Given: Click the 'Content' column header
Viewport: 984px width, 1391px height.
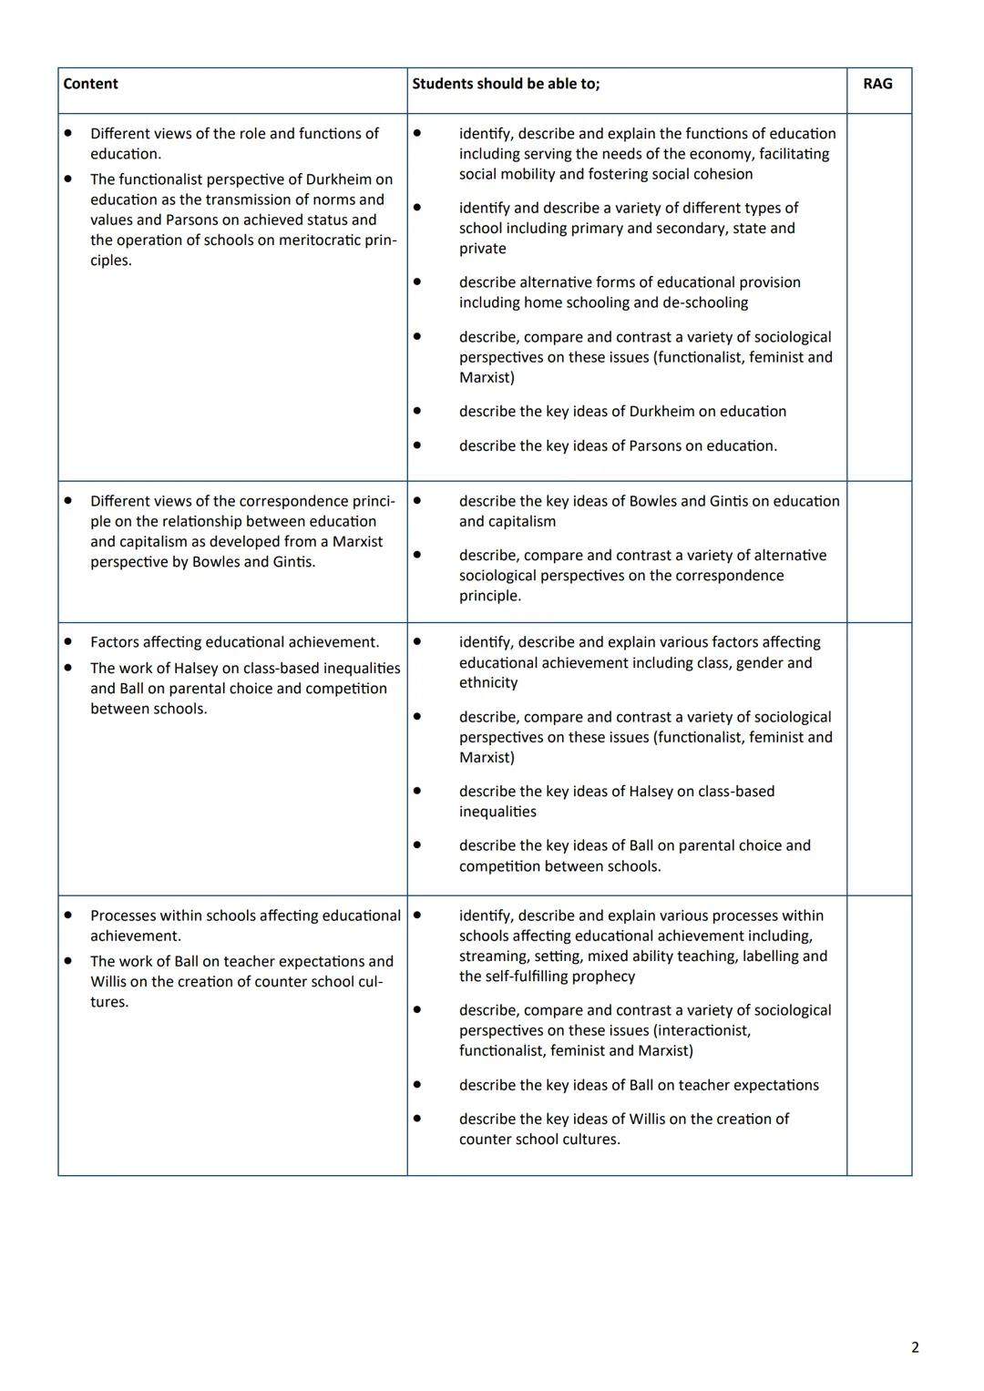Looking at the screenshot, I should click(90, 84).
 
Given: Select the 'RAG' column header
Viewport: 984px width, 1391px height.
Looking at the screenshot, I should click(877, 84).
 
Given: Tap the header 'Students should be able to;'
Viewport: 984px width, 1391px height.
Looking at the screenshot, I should click(506, 84).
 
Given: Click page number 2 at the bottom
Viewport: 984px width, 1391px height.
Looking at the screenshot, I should click(915, 1347).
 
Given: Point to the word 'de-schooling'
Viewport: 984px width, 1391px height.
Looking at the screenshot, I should click(703, 302).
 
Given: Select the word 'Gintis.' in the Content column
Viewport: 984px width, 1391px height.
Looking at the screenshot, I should click(293, 562).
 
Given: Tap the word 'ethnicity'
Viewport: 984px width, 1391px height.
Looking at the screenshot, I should click(488, 683).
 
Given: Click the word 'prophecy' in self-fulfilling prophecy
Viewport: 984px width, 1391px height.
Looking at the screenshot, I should click(606, 977).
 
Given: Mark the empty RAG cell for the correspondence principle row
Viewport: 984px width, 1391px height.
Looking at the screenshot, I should click(878, 552).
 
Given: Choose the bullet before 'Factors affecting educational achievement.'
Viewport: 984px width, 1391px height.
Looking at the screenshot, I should click(68, 641).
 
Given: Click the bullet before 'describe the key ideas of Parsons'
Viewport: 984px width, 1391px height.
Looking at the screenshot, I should click(417, 445).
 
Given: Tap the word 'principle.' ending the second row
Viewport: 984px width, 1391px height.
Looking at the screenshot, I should click(490, 596).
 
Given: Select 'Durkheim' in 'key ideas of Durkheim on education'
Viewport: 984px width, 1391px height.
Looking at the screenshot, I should click(661, 412).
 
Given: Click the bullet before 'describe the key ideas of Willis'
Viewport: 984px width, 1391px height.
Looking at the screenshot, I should click(417, 1119).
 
